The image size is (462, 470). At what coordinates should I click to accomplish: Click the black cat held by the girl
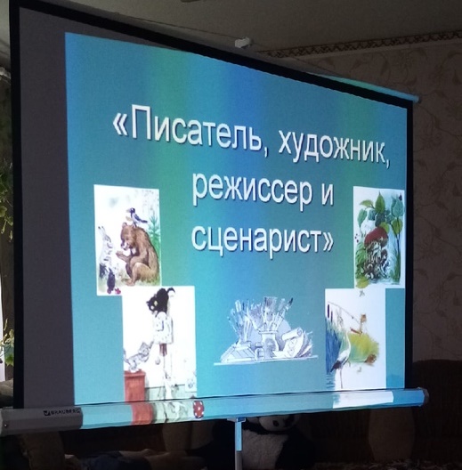[x=160, y=301]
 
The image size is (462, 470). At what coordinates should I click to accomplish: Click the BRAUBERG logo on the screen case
[x=62, y=412]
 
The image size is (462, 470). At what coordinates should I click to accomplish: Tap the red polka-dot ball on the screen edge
[x=199, y=408]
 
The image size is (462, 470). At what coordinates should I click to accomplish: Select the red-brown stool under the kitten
[x=134, y=386]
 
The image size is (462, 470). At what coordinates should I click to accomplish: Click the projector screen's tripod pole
[x=239, y=444]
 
